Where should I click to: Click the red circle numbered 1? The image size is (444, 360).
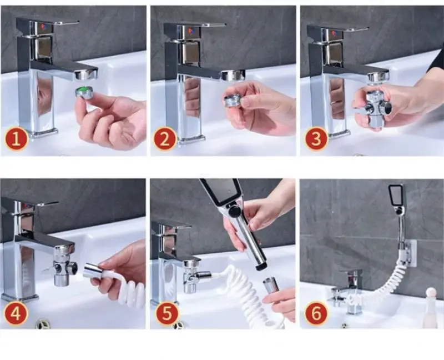coord(17,139)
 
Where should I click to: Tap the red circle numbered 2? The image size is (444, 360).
coord(165,139)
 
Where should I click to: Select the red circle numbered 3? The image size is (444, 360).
coord(316,139)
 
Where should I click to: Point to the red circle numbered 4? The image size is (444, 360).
coord(16,313)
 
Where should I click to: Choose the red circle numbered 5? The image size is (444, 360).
coord(168,313)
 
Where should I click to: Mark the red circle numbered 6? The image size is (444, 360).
coord(316,313)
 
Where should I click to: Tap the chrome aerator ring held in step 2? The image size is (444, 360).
coord(233,101)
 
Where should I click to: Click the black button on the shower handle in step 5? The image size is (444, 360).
coord(234,212)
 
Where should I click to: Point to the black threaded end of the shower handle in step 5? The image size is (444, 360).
coord(261,267)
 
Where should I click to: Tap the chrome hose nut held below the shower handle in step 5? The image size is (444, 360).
coord(271,286)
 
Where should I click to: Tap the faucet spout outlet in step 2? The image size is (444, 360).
coord(233,75)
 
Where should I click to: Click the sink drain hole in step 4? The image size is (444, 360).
coord(43,324)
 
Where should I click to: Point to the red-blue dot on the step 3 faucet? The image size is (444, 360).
coord(335,33)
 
